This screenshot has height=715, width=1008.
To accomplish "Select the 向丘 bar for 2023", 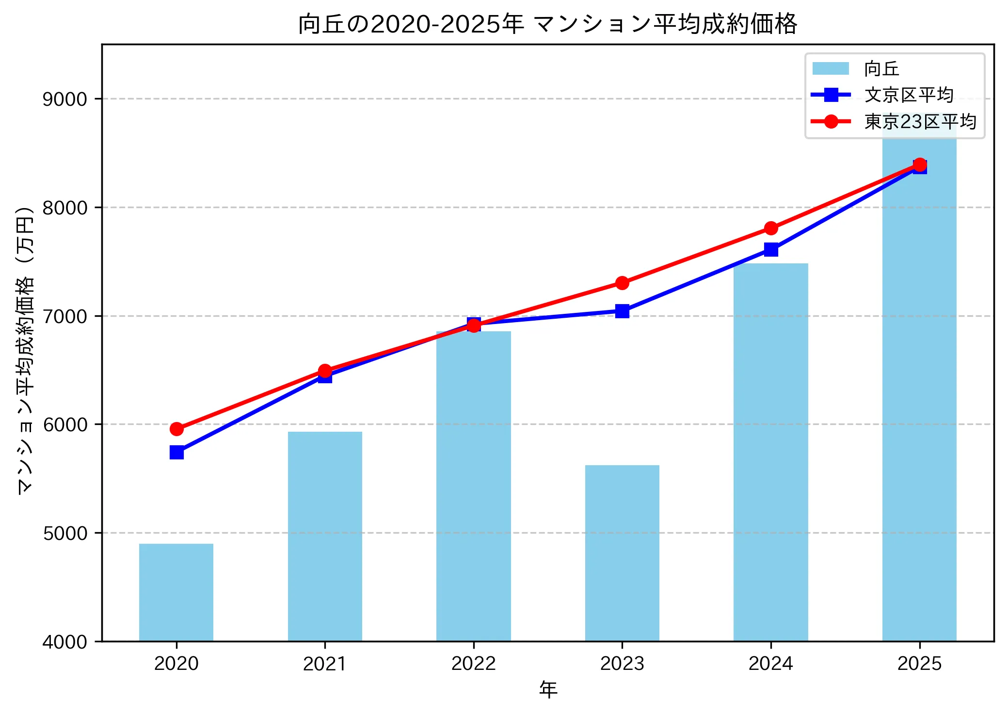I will click(622, 553).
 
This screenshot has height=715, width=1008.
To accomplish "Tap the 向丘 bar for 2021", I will click(325, 536).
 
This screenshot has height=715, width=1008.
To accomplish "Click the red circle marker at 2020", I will click(176, 429).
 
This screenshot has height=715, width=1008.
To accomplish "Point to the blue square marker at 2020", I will click(176, 453).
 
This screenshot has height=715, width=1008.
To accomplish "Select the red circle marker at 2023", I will click(622, 283).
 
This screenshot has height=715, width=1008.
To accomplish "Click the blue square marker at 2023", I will click(622, 311).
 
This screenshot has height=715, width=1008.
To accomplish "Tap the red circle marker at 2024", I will click(771, 228).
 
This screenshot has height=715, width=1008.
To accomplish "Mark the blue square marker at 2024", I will click(771, 249).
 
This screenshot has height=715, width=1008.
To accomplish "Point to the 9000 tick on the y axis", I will click(64, 99).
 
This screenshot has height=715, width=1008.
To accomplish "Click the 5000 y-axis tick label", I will click(64, 534).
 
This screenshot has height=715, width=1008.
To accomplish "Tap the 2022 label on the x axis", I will click(473, 664).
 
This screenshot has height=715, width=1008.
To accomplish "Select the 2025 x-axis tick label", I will click(919, 664).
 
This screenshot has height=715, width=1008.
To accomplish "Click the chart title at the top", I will click(547, 24).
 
